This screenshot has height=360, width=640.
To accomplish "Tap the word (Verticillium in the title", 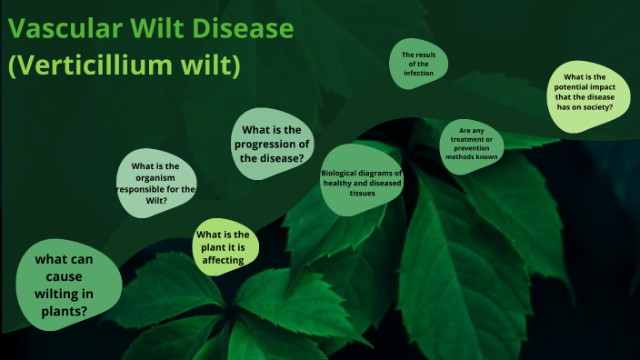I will tap(95, 66).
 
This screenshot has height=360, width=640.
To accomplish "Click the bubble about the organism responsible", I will tap(155, 183).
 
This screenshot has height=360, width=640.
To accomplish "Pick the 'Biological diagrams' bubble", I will tap(362, 181).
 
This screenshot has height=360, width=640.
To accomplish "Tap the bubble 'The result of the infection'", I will tap(419, 65).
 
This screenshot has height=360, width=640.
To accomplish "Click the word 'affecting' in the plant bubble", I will tap(224, 260).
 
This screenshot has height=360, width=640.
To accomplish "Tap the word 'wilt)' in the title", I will tap(212, 66).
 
